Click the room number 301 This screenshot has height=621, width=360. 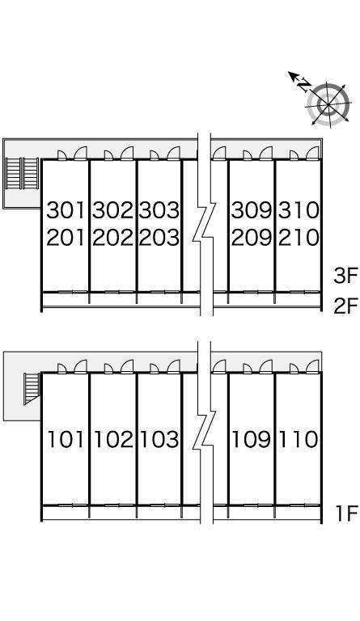(x=66, y=210)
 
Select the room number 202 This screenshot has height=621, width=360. (x=113, y=238)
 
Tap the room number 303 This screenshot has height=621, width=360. (x=159, y=210)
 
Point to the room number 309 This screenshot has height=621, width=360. (x=252, y=210)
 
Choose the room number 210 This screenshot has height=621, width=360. (x=299, y=238)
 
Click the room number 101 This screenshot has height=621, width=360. (x=66, y=440)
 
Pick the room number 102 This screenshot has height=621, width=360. (x=114, y=440)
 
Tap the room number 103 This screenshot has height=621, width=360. (x=160, y=440)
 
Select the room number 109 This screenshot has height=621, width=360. (x=252, y=440)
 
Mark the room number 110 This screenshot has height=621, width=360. (x=299, y=440)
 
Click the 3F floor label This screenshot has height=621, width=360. (x=345, y=276)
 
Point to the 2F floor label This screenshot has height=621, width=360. (x=345, y=306)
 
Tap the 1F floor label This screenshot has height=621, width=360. (x=347, y=513)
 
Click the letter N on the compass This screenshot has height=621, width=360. (x=304, y=85)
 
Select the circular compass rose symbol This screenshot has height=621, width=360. (x=328, y=105)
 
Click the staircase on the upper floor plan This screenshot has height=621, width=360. (x=22, y=174)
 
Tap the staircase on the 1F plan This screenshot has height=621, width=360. (x=32, y=388)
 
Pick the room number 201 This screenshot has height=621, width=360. (x=66, y=238)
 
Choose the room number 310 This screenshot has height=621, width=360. (x=299, y=210)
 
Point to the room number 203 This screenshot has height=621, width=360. (x=159, y=238)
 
